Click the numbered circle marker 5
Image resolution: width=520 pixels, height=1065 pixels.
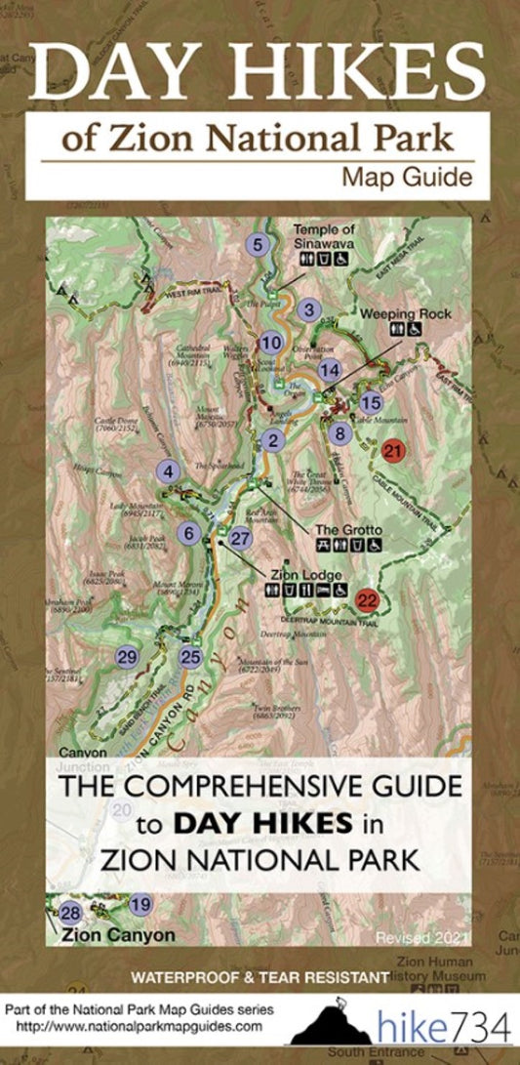coord(258,245)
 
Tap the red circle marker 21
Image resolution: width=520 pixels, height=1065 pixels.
coord(392,451)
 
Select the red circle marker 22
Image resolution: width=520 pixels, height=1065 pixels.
coord(367,599)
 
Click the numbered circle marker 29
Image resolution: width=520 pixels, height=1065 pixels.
coord(126,657)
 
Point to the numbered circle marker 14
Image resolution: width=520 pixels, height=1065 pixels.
coord(330,370)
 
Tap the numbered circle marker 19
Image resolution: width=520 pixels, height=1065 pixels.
coord(140,904)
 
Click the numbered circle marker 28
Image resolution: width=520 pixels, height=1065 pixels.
coord(69,914)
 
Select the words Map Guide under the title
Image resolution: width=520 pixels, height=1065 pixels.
coord(407,177)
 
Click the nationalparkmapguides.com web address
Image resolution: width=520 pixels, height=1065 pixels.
coord(134,1027)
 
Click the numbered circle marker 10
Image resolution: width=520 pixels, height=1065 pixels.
coord(271,342)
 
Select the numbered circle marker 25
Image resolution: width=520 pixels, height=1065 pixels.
coord(190,657)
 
